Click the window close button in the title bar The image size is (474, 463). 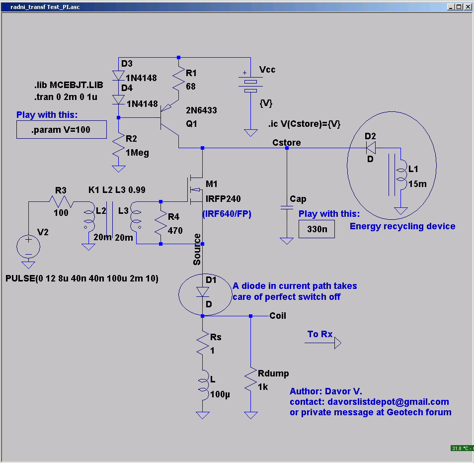[x=468, y=6]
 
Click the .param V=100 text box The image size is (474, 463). [x=62, y=129]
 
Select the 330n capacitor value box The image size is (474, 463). [x=316, y=229]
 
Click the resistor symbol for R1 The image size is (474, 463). [x=179, y=80]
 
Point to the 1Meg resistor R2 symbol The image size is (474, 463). [x=118, y=146]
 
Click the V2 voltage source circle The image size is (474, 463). [x=28, y=247]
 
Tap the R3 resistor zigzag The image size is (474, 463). [x=62, y=201]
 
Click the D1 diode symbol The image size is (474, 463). [x=203, y=292]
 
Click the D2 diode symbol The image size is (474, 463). [x=371, y=148]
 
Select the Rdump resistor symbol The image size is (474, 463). [x=250, y=380]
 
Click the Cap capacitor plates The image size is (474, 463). [x=287, y=207]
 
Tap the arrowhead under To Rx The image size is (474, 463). [x=338, y=343]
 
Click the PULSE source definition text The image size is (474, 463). [x=82, y=278]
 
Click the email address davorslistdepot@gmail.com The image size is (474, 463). [x=388, y=401]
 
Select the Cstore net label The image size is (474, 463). [x=287, y=143]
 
